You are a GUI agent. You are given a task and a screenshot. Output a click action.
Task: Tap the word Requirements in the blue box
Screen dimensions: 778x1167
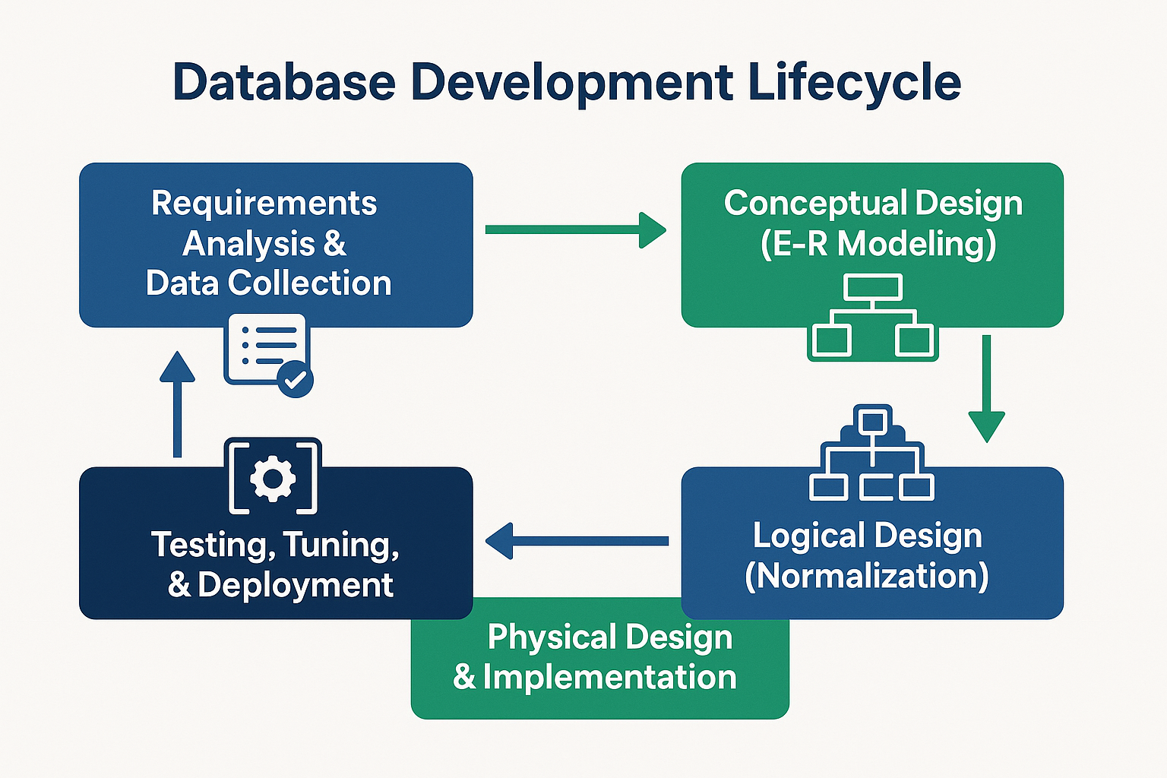[264, 203]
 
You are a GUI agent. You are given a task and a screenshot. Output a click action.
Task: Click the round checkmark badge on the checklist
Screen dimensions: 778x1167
[295, 379]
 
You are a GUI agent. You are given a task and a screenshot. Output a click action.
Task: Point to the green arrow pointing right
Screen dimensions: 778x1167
[575, 229]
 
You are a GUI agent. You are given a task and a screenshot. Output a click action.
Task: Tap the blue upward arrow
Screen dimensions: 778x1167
[178, 403]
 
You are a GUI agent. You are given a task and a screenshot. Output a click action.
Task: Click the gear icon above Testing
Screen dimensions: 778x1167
[273, 479]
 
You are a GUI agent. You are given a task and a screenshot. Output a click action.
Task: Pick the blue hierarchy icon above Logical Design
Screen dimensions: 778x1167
[872, 454]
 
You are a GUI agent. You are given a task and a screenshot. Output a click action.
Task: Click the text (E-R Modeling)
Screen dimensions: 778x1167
[878, 244]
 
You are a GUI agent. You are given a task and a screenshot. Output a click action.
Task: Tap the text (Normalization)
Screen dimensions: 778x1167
[867, 576]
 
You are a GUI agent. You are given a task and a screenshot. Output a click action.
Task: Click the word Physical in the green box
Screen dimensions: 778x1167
[540, 637]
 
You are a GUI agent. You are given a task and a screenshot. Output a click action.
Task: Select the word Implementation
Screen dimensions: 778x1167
[609, 677]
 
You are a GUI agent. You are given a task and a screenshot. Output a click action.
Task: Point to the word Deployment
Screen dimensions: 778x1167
[296, 585]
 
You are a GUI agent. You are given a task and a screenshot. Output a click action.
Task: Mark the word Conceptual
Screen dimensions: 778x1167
[814, 203]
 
